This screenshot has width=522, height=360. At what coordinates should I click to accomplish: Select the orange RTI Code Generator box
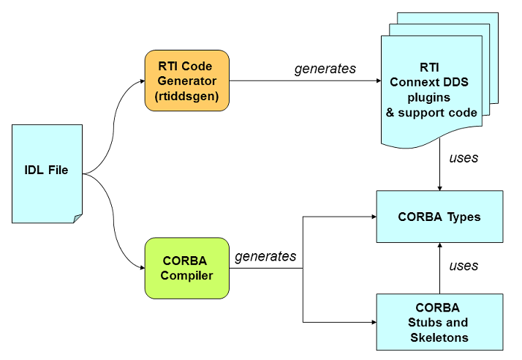[x=186, y=80]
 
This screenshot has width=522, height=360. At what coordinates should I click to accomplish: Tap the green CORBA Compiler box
[x=186, y=267]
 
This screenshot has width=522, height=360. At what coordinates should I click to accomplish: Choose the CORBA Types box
[x=439, y=217]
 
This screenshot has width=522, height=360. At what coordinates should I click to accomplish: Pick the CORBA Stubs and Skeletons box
[x=439, y=322]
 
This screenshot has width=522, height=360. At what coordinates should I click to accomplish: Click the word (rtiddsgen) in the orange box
[x=186, y=96]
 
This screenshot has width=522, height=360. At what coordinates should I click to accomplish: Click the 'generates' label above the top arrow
[x=325, y=69]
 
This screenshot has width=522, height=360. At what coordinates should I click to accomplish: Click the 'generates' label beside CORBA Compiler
[x=265, y=256]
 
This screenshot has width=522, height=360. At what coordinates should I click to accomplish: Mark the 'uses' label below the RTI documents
[x=464, y=157]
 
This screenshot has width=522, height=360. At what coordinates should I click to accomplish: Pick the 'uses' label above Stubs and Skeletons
[x=464, y=265]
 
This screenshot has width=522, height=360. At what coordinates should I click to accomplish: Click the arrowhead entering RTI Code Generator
[x=140, y=80]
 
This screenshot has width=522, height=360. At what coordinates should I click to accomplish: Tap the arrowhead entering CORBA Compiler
[x=140, y=268]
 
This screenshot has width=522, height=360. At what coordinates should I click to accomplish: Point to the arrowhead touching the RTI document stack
[x=377, y=80]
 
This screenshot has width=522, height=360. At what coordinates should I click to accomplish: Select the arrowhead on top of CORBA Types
[x=439, y=187]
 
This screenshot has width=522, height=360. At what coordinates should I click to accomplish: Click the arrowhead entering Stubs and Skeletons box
[x=372, y=322]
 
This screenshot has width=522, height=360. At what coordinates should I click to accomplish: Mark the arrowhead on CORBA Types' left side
[x=372, y=217]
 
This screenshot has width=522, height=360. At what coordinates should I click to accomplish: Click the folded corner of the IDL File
[x=77, y=218]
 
